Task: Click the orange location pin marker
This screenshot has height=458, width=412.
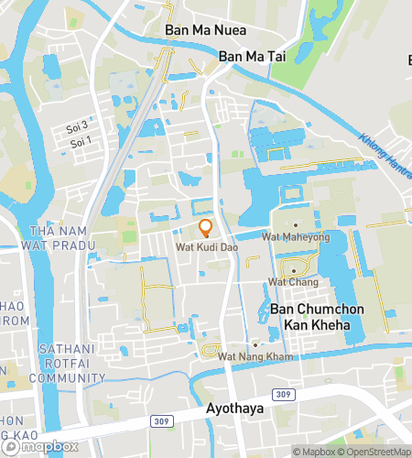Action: [x=206, y=228]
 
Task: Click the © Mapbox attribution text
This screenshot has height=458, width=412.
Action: [x=313, y=452]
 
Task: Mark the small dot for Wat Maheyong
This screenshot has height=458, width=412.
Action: [x=297, y=224]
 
